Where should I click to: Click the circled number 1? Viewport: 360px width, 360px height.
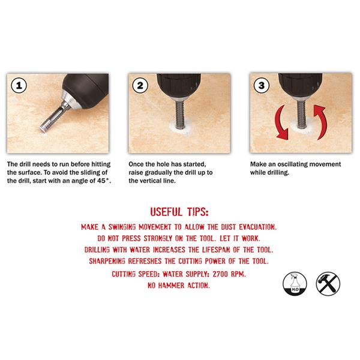click(x=19, y=85)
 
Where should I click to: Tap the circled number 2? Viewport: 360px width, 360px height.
click(x=140, y=85)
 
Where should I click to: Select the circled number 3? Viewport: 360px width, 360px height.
click(x=262, y=85)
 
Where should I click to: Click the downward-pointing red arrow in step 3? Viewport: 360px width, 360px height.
click(x=281, y=123)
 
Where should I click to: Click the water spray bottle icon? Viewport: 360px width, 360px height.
click(x=295, y=284)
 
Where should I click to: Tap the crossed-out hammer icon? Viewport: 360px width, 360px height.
click(x=328, y=284)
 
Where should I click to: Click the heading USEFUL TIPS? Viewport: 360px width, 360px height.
click(x=179, y=212)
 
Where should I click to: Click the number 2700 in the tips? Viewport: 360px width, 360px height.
click(x=220, y=274)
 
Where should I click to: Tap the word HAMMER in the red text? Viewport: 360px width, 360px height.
click(x=171, y=286)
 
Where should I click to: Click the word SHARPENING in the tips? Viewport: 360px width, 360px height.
click(x=107, y=261)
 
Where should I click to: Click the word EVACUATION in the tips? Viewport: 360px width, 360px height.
click(x=258, y=227)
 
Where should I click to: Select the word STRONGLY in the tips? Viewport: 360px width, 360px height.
click(x=158, y=238)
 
